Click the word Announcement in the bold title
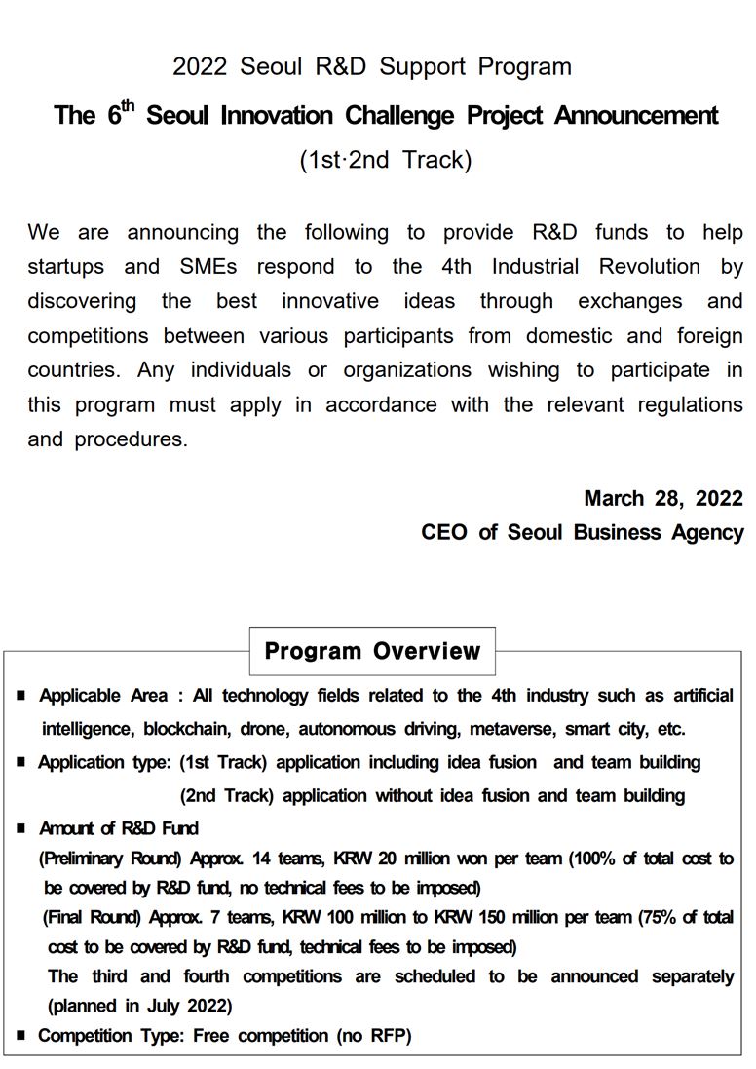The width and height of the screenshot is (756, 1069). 636,116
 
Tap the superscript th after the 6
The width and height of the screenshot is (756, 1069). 129,105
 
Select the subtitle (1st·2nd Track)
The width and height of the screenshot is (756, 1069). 385,160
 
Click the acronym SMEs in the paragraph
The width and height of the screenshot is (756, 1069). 208,267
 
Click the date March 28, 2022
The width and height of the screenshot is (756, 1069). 663,498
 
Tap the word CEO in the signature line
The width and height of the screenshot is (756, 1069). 443,533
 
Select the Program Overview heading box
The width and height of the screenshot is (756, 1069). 372,651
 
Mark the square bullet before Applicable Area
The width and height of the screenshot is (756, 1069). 21,696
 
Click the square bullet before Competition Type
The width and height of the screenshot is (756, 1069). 21,1036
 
